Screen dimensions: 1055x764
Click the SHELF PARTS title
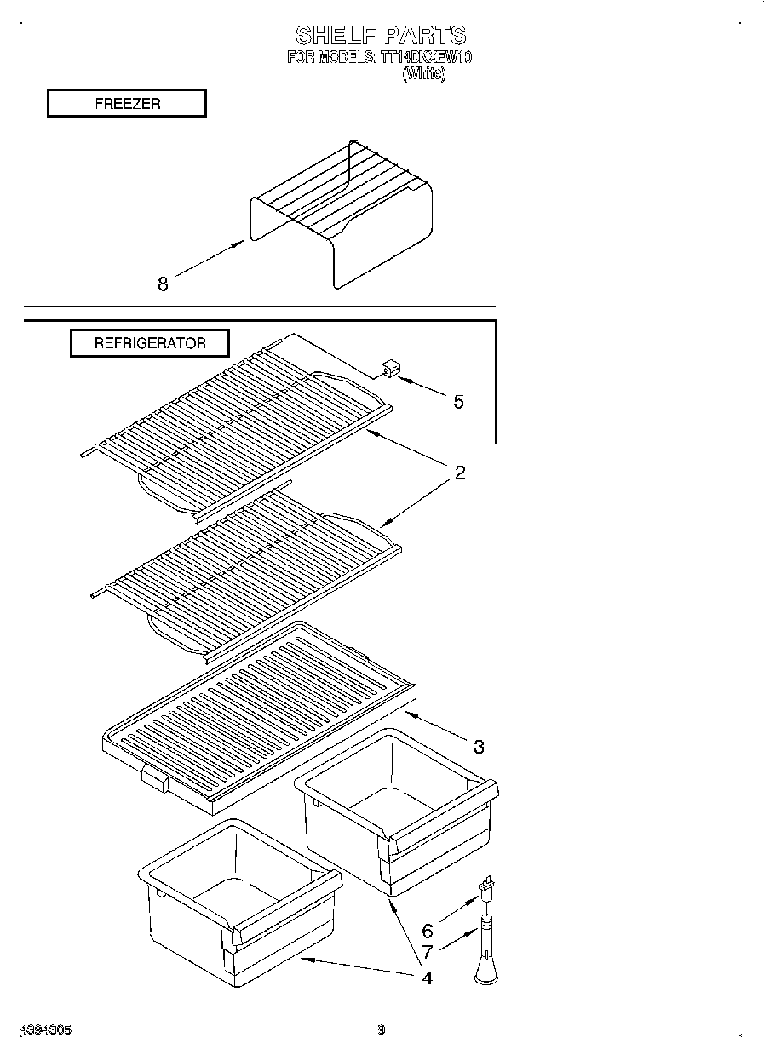pos(381,36)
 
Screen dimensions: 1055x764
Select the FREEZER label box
pos(127,104)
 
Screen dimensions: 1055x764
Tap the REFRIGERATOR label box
pos(149,343)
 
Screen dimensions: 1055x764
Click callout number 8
pos(163,285)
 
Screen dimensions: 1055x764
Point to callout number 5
pos(458,402)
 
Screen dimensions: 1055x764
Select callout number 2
pos(460,473)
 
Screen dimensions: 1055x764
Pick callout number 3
pos(479,747)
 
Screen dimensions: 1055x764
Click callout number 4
pos(427,978)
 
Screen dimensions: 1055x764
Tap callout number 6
pos(427,932)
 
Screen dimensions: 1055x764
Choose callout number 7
pos(428,953)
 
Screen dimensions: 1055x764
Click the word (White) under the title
pos(422,74)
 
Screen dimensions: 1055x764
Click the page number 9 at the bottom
pos(382,1029)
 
